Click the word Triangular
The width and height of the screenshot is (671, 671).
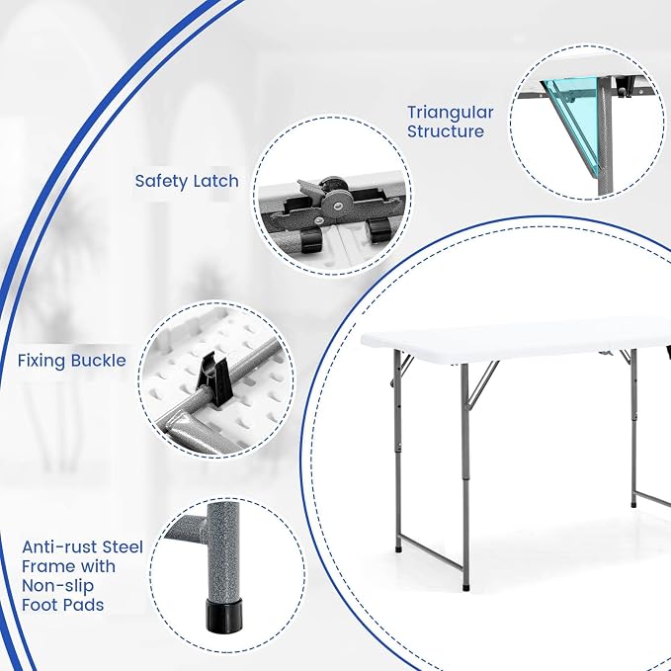(451, 113)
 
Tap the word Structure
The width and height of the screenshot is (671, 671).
(446, 131)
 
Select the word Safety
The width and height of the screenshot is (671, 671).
(161, 182)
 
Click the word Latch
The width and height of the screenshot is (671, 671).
(216, 181)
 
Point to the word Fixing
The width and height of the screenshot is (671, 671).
(42, 361)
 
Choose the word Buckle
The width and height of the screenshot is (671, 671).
(99, 361)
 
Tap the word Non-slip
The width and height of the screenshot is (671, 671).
(57, 585)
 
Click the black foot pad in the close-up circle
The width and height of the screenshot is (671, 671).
(223, 616)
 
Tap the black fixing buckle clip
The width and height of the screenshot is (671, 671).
(215, 374)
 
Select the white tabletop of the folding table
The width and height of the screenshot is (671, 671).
(515, 339)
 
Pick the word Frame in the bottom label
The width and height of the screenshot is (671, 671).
(44, 566)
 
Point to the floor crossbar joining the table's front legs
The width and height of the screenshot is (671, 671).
(431, 553)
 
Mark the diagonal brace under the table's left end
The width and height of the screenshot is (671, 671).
(482, 383)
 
